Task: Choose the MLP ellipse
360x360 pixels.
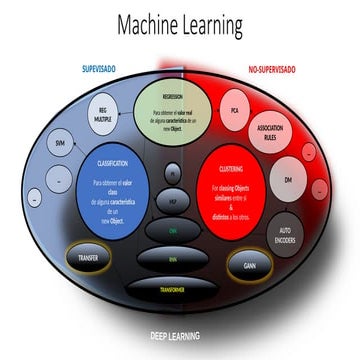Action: pyautogui.click(x=174, y=200)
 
